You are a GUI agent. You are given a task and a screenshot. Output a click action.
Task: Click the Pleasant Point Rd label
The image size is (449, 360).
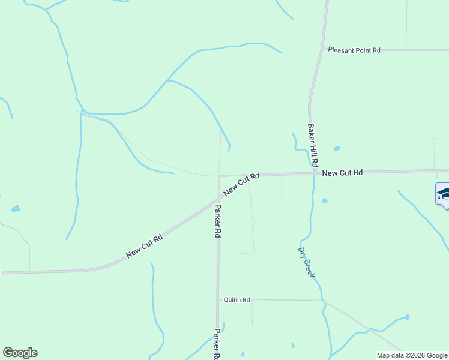point(354,50)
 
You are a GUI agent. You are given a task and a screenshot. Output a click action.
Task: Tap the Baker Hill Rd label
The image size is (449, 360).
point(312,146)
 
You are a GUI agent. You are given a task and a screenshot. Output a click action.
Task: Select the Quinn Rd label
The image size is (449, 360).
point(237,299)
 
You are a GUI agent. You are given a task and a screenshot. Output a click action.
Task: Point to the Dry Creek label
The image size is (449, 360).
point(306,263)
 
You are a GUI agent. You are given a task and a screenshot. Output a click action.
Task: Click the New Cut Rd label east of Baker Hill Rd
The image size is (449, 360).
point(342,173)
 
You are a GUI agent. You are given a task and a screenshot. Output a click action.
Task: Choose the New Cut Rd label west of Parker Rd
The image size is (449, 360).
point(145,247)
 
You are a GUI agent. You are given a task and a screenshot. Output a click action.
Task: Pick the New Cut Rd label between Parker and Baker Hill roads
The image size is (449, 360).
point(241,184)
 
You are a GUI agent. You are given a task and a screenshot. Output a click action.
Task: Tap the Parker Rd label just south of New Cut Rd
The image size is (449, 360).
point(218,221)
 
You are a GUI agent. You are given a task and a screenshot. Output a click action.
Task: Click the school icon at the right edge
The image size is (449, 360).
point(443,194)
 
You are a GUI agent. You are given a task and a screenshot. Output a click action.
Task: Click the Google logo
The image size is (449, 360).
point(20,353)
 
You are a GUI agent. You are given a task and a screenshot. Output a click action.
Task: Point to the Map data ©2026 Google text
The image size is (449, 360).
point(412,355)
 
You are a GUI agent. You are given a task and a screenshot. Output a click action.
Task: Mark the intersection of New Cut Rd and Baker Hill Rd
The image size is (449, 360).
point(314,174)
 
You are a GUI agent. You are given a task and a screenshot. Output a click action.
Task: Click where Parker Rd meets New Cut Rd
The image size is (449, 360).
point(218,195)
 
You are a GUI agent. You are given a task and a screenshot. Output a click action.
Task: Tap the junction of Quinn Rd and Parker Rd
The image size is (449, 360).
point(218,299)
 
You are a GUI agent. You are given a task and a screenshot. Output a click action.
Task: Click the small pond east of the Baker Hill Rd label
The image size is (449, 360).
point(337,148)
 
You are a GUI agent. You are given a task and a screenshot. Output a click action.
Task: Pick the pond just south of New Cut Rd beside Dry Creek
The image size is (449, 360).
point(325,201)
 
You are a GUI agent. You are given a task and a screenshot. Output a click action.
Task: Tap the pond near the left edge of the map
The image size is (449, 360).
point(16,209)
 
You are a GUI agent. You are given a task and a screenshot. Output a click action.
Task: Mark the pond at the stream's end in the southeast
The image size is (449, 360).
point(407,317)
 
